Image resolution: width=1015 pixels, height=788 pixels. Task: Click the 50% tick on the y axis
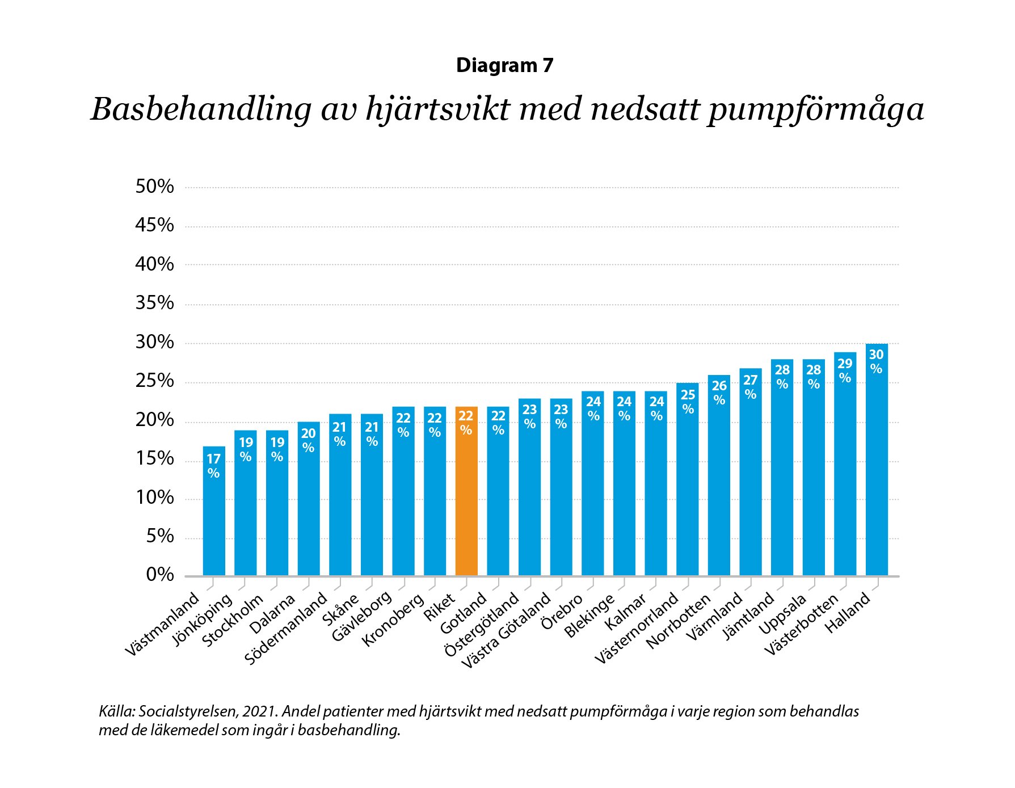(154, 187)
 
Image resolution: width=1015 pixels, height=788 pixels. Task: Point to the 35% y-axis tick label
(154, 303)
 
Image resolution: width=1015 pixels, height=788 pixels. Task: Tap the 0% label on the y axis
(159, 575)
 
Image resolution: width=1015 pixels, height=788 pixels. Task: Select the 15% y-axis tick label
(154, 458)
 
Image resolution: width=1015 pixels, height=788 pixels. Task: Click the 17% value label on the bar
(213, 465)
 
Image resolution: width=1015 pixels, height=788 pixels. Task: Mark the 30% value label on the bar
(876, 361)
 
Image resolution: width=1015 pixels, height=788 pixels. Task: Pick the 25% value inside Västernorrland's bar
(688, 401)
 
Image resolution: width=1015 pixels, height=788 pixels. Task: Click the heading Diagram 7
(504, 66)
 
